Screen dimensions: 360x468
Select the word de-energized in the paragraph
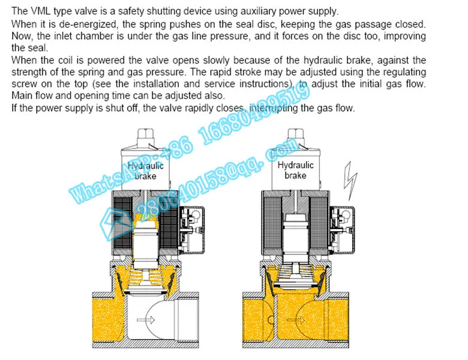pyautogui.click(x=106, y=24)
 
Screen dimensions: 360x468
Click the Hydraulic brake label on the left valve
pyautogui.click(x=145, y=170)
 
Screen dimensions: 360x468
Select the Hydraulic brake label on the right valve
pyautogui.click(x=295, y=170)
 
